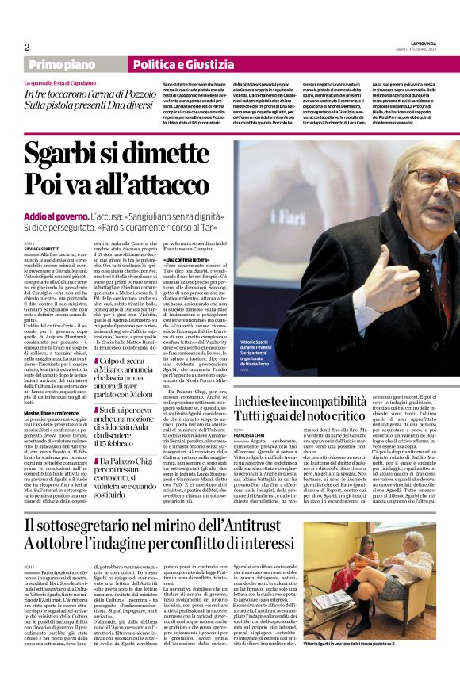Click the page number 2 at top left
pos(27,47)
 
